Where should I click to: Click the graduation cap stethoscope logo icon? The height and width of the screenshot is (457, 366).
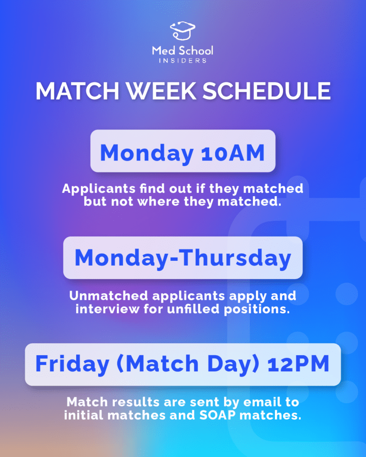183,31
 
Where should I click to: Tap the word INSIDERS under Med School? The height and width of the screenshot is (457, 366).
183,61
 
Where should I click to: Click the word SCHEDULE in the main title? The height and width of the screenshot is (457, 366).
267,91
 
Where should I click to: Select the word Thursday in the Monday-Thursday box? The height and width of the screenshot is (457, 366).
238,258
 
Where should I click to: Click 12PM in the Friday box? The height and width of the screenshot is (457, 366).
298,364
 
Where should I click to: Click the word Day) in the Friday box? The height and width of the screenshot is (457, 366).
231,364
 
